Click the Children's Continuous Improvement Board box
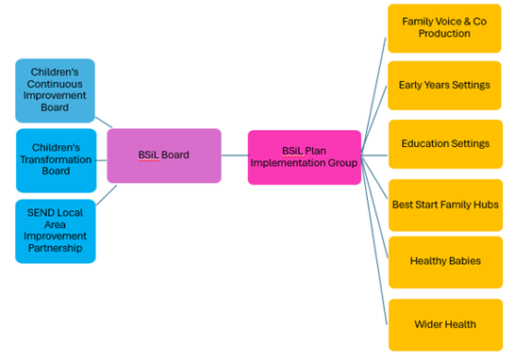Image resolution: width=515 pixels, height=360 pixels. [55, 90]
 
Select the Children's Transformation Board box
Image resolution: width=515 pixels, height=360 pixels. [55, 158]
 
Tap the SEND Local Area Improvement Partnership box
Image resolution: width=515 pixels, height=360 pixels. [55, 231]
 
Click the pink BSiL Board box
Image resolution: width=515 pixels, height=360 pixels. [164, 155]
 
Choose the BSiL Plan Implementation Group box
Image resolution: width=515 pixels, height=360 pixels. [304, 156]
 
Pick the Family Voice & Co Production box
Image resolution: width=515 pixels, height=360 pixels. [444, 28]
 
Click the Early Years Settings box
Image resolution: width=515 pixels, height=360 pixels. [444, 85]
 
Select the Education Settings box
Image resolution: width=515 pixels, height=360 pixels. [444, 144]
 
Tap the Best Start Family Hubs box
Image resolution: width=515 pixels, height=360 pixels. [444, 205]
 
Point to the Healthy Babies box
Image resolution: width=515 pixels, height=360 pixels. [444, 261]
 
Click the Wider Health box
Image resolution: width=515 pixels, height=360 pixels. [444, 324]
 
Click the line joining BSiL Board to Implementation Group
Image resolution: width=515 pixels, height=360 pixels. [235, 155]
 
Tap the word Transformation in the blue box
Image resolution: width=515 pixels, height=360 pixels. [56, 158]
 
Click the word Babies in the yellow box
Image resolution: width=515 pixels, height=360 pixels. [462, 261]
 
